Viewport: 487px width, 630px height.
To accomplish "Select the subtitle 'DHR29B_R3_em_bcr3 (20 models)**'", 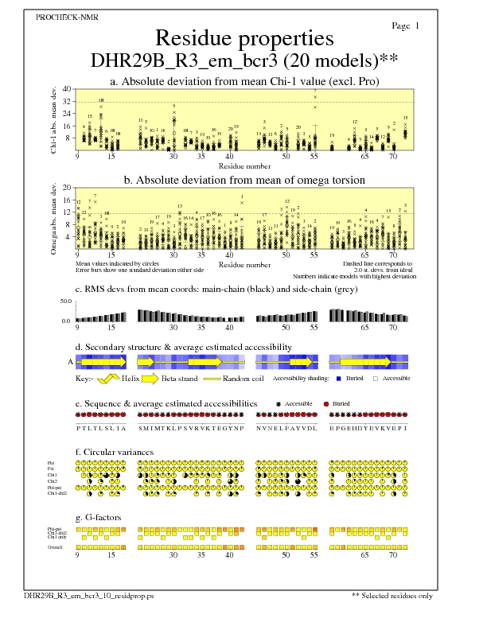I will point(243,60).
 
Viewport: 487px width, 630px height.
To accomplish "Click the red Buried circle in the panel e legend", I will point(326,404).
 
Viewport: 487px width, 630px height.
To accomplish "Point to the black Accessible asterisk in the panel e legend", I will point(278,404).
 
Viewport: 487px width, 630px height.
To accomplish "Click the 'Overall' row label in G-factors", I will point(56,547).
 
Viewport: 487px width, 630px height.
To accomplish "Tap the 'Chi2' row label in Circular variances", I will point(53,481).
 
